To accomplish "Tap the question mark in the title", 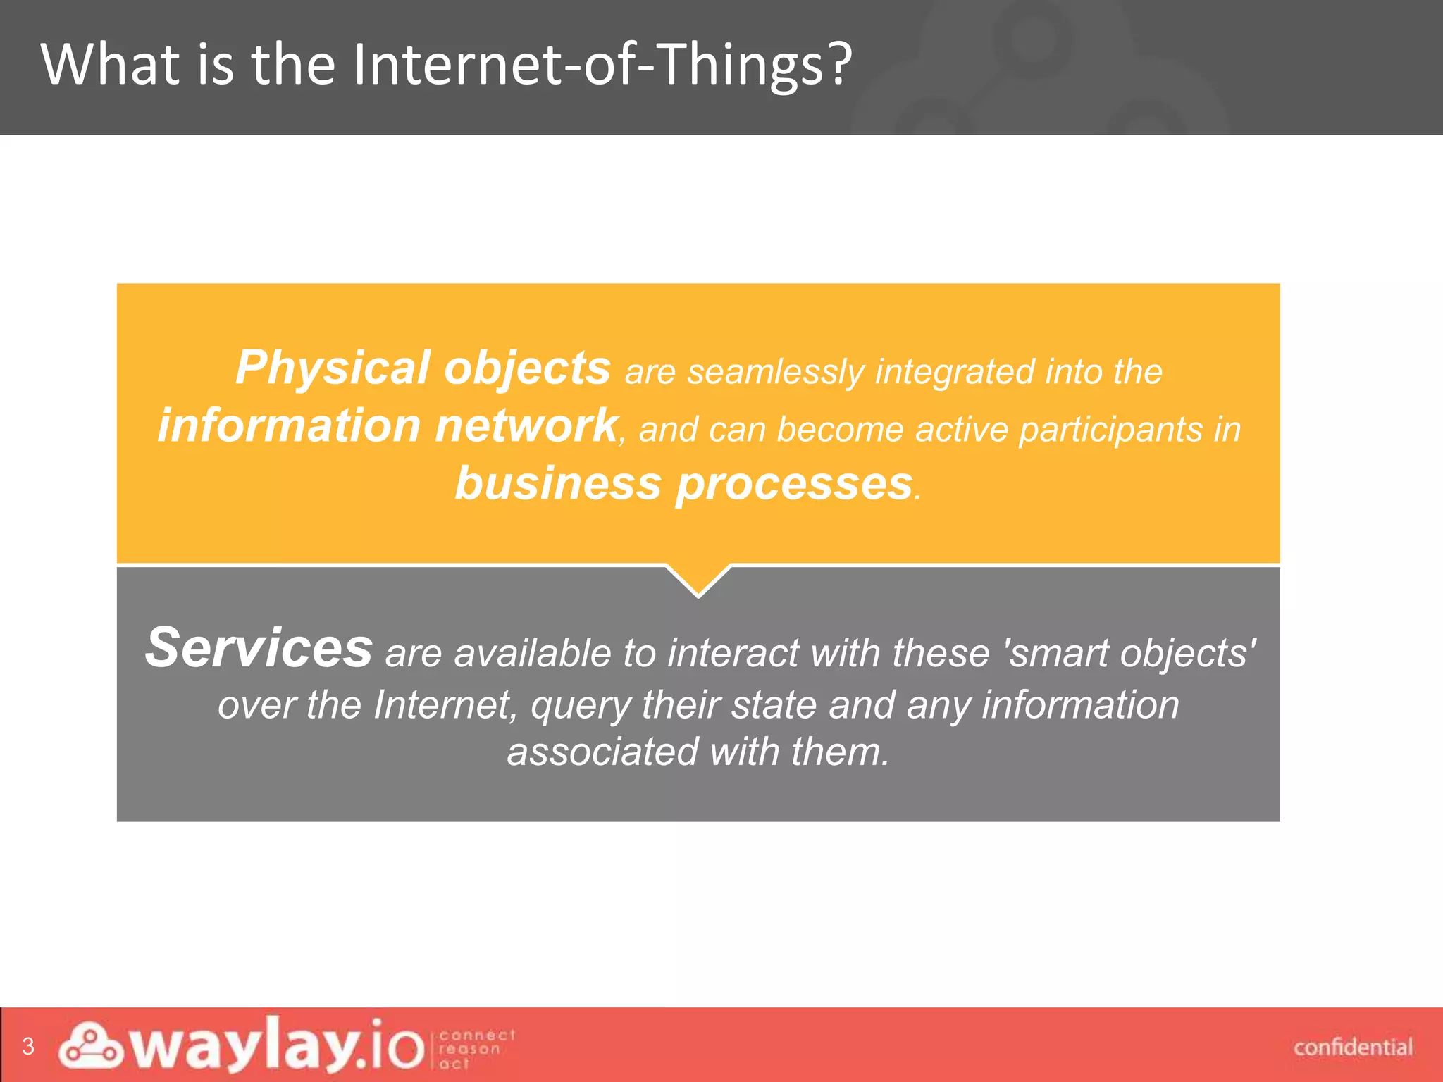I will [838, 65].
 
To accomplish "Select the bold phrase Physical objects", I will [423, 368].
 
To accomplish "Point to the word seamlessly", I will [776, 373].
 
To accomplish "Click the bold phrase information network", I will [387, 426].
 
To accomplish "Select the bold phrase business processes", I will [683, 484].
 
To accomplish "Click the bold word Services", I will [259, 648].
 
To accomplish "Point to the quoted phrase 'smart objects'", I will [1132, 653].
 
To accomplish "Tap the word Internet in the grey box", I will [445, 705].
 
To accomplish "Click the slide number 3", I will [28, 1046].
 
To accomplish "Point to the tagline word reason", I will [469, 1049].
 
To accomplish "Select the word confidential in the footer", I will [1353, 1047].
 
